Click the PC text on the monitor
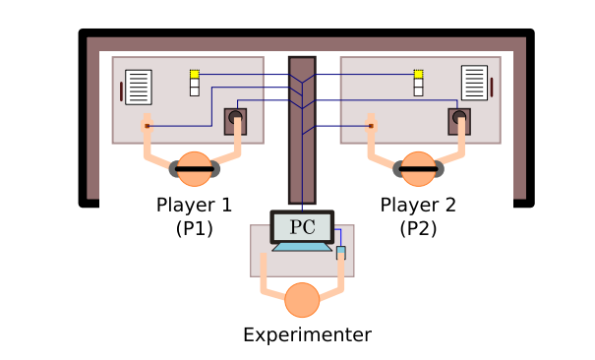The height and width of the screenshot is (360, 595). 303,227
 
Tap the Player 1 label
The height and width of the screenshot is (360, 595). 194,205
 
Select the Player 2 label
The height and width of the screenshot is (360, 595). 418,205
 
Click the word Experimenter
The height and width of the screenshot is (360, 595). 308,335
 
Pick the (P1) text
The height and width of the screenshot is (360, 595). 195,228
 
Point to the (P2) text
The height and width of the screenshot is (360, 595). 418,228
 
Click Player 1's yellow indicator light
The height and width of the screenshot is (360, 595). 195,74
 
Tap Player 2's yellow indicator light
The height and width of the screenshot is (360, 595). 418,74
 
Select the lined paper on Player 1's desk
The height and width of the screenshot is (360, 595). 139,88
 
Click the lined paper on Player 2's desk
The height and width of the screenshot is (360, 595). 474,83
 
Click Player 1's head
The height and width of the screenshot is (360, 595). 195,169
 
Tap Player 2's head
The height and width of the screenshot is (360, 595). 418,169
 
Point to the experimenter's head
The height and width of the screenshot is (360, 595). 302,300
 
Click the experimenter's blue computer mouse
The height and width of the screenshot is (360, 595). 341,253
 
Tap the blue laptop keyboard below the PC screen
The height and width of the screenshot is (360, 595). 302,247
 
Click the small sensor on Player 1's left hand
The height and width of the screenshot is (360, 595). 148,126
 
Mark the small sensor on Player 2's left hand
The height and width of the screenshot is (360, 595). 371,126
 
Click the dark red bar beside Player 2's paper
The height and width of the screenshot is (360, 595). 492,88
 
